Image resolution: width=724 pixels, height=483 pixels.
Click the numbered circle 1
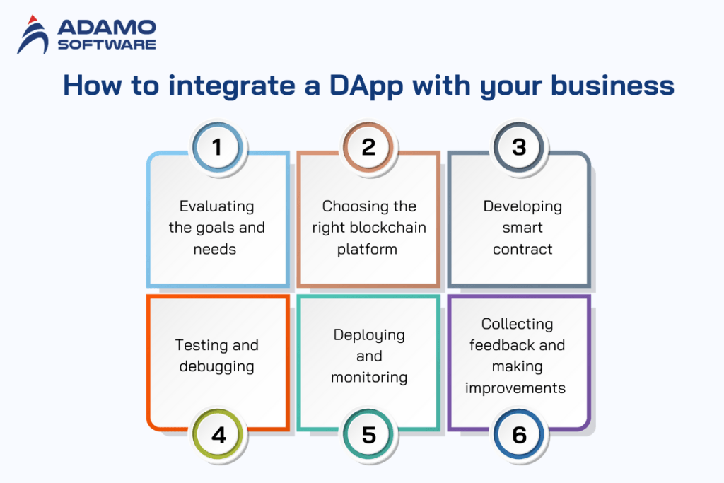click(216, 147)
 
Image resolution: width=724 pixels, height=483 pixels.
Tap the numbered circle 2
click(368, 147)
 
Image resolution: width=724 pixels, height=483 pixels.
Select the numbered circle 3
click(519, 147)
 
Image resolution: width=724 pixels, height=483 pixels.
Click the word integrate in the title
click(223, 86)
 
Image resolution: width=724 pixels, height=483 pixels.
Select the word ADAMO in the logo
click(106, 28)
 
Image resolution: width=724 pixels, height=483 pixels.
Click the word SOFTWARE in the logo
click(106, 44)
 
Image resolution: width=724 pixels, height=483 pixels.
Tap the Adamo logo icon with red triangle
click(33, 35)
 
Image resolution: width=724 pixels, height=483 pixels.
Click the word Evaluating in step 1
click(216, 206)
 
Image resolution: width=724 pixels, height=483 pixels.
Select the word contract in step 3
click(523, 249)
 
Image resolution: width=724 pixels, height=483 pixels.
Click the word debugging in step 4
click(216, 367)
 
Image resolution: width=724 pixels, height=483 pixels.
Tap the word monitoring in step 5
click(369, 377)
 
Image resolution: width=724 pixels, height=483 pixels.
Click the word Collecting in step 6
click(517, 324)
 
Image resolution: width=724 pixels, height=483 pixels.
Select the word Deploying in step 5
click(369, 334)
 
